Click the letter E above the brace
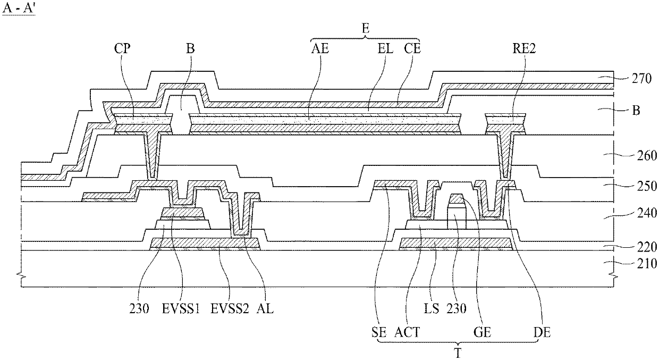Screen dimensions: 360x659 (x=365, y=30)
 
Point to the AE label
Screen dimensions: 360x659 (x=320, y=48)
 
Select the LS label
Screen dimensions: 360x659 (x=432, y=308)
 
